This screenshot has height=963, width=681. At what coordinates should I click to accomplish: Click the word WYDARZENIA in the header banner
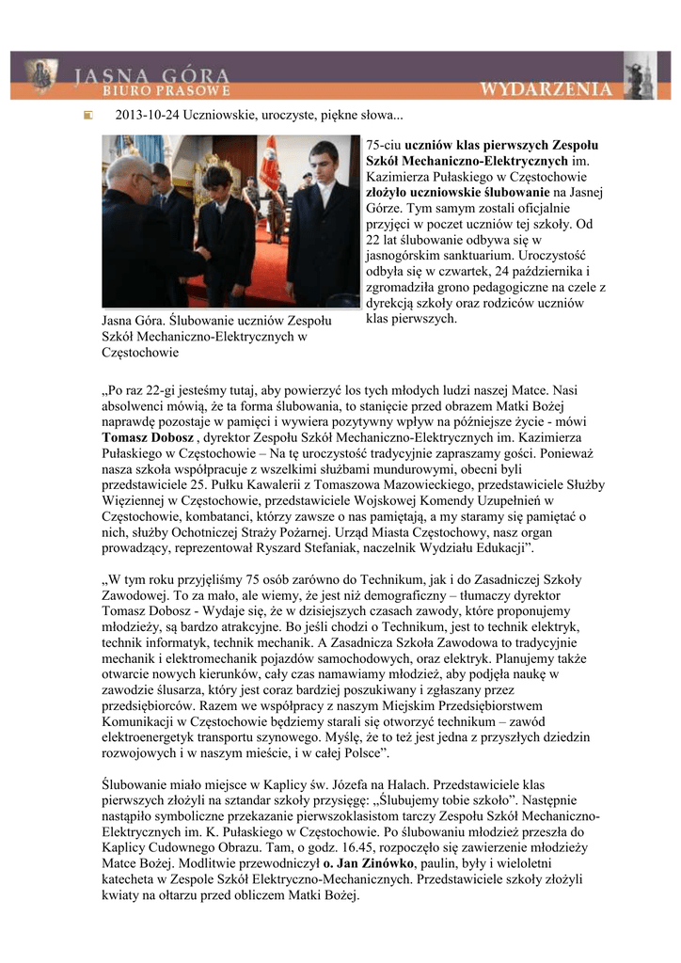pos(546,89)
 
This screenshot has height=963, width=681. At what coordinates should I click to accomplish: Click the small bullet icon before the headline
pos(87,116)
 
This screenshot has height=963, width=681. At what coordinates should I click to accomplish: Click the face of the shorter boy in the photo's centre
pos(218,182)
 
